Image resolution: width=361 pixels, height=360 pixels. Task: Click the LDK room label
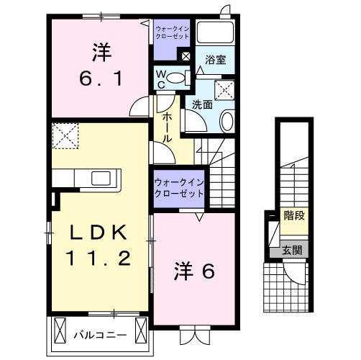(100, 233)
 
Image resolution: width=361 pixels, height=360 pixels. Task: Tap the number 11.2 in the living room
(100, 258)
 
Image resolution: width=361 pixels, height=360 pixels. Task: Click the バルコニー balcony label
(100, 335)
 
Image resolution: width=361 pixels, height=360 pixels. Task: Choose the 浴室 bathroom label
(214, 60)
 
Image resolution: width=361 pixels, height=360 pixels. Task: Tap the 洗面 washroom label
(201, 104)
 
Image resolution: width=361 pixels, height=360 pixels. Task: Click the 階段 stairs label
(293, 214)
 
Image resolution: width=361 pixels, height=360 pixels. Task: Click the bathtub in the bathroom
(214, 33)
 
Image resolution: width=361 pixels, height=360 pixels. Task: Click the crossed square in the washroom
(227, 89)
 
